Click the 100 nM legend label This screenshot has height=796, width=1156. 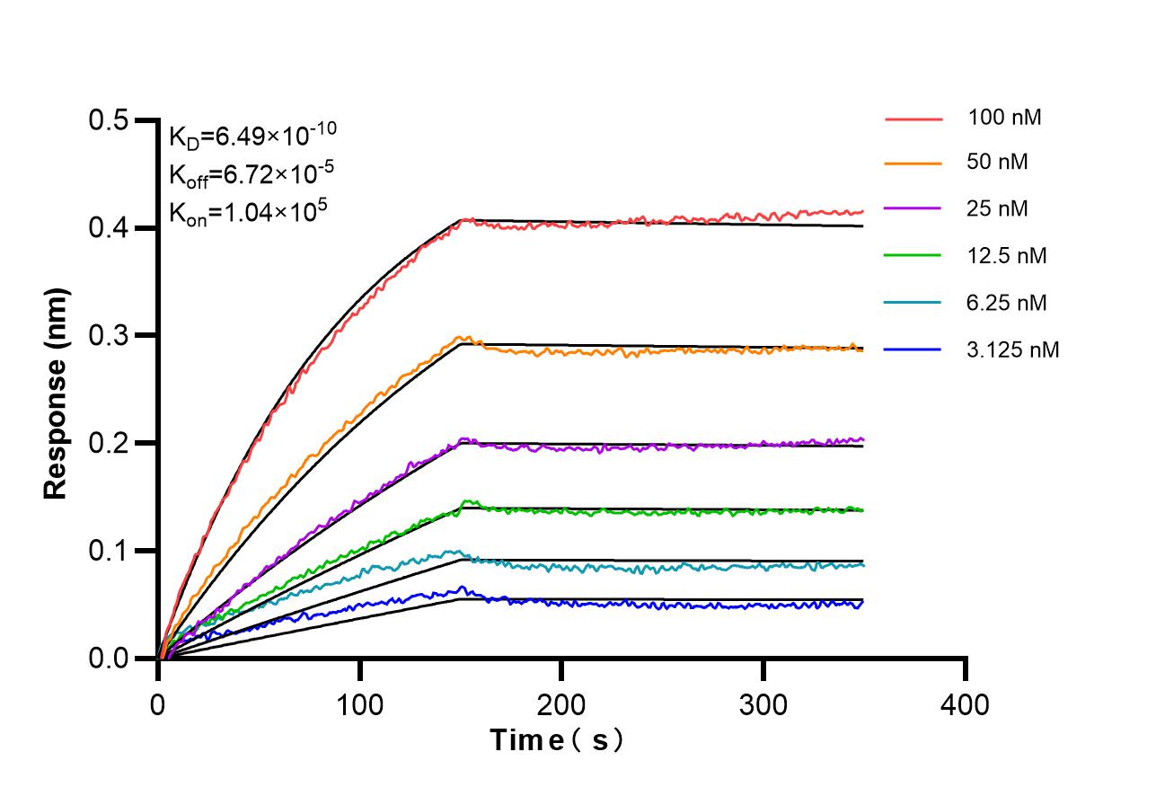tap(1004, 117)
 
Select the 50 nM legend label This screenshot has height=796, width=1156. tap(998, 163)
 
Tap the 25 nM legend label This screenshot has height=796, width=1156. tap(998, 209)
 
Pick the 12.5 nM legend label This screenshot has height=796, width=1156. tap(1007, 256)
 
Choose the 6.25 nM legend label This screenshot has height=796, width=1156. tap(1007, 303)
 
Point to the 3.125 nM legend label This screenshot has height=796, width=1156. tap(1013, 349)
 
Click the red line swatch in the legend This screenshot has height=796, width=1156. tap(913, 118)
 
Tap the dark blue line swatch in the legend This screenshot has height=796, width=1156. tap(913, 349)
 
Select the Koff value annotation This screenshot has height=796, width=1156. tap(247, 173)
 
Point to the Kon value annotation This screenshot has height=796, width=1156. tap(247, 212)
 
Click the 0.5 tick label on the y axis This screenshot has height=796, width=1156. tap(109, 120)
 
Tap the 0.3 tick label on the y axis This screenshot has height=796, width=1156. tap(109, 336)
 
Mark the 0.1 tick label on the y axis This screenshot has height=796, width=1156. tap(109, 551)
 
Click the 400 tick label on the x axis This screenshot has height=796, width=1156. tap(966, 704)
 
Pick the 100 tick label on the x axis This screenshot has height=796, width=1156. tap(360, 704)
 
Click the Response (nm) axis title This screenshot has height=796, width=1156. tap(57, 394)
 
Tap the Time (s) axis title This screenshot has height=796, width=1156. tap(558, 741)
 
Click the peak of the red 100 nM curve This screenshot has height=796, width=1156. tap(462, 219)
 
